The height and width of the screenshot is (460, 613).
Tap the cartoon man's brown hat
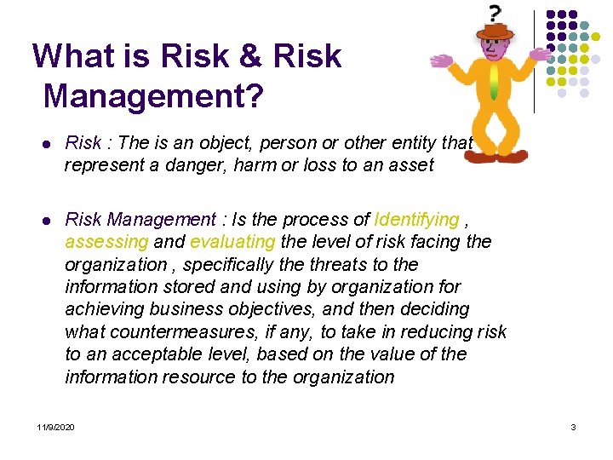click(x=496, y=32)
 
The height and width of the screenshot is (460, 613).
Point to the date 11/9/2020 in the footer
click(x=55, y=426)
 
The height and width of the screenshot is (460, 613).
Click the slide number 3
click(x=574, y=426)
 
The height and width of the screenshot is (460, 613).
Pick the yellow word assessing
click(x=105, y=242)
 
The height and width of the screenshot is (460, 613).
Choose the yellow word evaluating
click(x=232, y=242)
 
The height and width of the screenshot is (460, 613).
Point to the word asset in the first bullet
click(x=411, y=165)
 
